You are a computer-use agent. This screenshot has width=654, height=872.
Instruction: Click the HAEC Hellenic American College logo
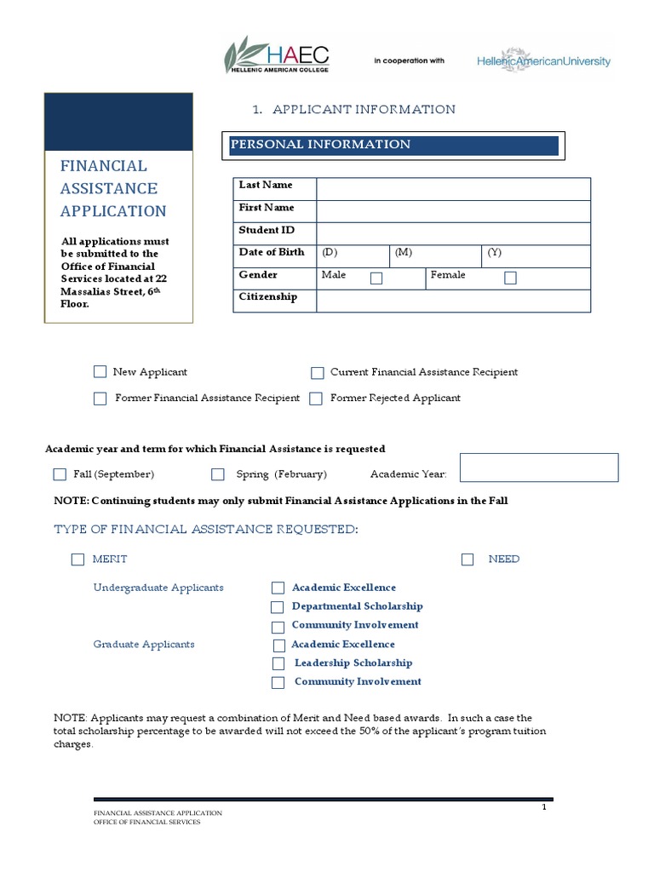click(x=276, y=55)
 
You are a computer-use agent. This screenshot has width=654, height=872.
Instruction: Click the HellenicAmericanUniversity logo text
click(x=542, y=61)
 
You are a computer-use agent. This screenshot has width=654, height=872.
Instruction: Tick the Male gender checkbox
click(x=376, y=278)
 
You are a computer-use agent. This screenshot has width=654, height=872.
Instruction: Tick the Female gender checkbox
click(x=510, y=278)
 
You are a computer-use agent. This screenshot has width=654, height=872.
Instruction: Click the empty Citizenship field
click(x=453, y=301)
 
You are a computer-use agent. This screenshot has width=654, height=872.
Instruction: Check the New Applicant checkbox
click(x=100, y=372)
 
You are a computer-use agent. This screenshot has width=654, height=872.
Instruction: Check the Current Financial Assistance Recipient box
click(x=317, y=373)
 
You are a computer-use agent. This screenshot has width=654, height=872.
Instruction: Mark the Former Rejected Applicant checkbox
click(x=316, y=399)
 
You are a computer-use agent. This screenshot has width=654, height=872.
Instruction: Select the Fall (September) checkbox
click(x=60, y=474)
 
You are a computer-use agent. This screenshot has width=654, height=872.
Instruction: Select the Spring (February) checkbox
click(x=218, y=474)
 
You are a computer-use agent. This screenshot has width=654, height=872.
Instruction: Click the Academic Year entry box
click(x=538, y=468)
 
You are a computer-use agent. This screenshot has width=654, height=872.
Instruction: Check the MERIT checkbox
click(x=78, y=559)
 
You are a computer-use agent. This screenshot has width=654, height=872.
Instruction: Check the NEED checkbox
click(x=468, y=559)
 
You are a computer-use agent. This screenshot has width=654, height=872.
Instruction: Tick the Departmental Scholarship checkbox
click(x=278, y=607)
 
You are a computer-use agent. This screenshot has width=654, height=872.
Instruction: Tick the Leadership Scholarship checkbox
click(x=278, y=663)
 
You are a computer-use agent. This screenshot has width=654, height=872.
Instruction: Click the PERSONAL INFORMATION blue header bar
click(x=393, y=146)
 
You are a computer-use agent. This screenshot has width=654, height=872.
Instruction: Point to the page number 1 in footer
click(x=543, y=807)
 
